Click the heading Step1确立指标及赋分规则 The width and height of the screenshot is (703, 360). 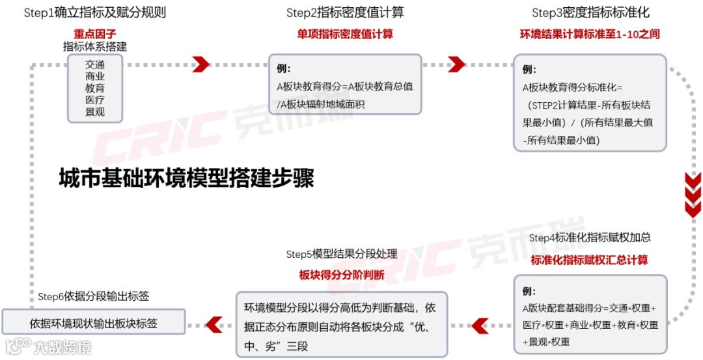94,12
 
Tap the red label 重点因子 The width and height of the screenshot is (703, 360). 94,33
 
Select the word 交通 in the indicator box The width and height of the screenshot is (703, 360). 94,64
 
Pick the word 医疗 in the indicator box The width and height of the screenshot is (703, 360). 94,100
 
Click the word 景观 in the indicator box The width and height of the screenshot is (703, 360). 94,112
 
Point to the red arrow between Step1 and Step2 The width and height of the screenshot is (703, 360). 201,64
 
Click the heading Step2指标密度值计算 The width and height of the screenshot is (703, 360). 346,13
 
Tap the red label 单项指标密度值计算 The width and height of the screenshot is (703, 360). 345,34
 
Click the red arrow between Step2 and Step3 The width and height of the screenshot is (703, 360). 457,64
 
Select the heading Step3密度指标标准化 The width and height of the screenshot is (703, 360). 590,13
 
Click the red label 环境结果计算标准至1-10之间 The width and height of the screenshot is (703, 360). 590,34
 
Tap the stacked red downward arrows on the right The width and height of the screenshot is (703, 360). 693,194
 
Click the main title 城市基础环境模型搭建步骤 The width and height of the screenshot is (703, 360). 186,178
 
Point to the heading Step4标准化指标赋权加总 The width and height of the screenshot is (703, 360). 590,238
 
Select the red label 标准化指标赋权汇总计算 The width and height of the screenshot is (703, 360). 590,260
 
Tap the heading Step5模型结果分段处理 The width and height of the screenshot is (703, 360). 342,254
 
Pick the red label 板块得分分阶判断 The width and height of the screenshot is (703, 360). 342,275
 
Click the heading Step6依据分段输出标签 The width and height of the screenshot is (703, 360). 94,297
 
